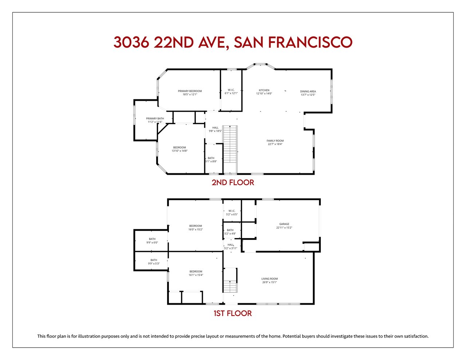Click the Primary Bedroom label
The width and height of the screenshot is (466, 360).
(x=190, y=91)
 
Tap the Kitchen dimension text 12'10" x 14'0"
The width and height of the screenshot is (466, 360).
(x=264, y=94)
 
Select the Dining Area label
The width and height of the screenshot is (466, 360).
(x=308, y=91)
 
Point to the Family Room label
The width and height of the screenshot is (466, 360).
(x=275, y=141)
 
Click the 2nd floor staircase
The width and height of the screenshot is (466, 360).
(x=230, y=150)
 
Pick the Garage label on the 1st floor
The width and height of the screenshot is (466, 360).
(x=284, y=224)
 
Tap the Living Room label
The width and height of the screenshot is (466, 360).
(x=269, y=279)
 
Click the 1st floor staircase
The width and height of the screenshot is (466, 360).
(x=230, y=280)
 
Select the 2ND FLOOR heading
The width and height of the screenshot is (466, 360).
(x=233, y=182)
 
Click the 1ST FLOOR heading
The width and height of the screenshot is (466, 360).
(x=233, y=313)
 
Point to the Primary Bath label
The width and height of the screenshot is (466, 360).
(x=155, y=118)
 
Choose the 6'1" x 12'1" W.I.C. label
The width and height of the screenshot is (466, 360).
(x=231, y=92)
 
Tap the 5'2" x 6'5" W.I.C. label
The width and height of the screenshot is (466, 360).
(x=232, y=213)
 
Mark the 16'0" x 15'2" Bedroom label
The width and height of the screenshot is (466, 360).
(x=196, y=228)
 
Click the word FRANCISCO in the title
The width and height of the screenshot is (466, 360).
(x=310, y=42)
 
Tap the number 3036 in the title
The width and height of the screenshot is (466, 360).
(x=131, y=42)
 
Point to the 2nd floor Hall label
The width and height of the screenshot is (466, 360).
(x=215, y=127)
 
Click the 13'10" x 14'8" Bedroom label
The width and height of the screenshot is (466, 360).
(x=179, y=149)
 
